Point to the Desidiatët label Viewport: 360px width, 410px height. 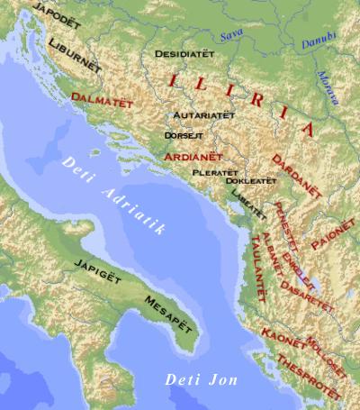(185, 54)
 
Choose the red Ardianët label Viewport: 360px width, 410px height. (193, 156)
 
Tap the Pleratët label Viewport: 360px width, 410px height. (215, 171)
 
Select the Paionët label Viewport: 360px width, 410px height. (333, 232)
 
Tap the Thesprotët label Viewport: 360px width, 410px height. (310, 376)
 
